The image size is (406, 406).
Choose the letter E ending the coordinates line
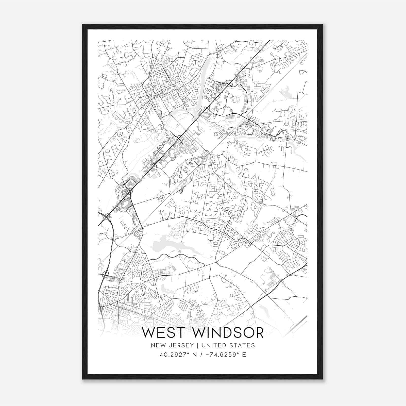pos(244,355)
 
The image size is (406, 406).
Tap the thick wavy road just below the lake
pos(175,257)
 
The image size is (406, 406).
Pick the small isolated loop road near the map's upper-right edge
pos(303,72)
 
